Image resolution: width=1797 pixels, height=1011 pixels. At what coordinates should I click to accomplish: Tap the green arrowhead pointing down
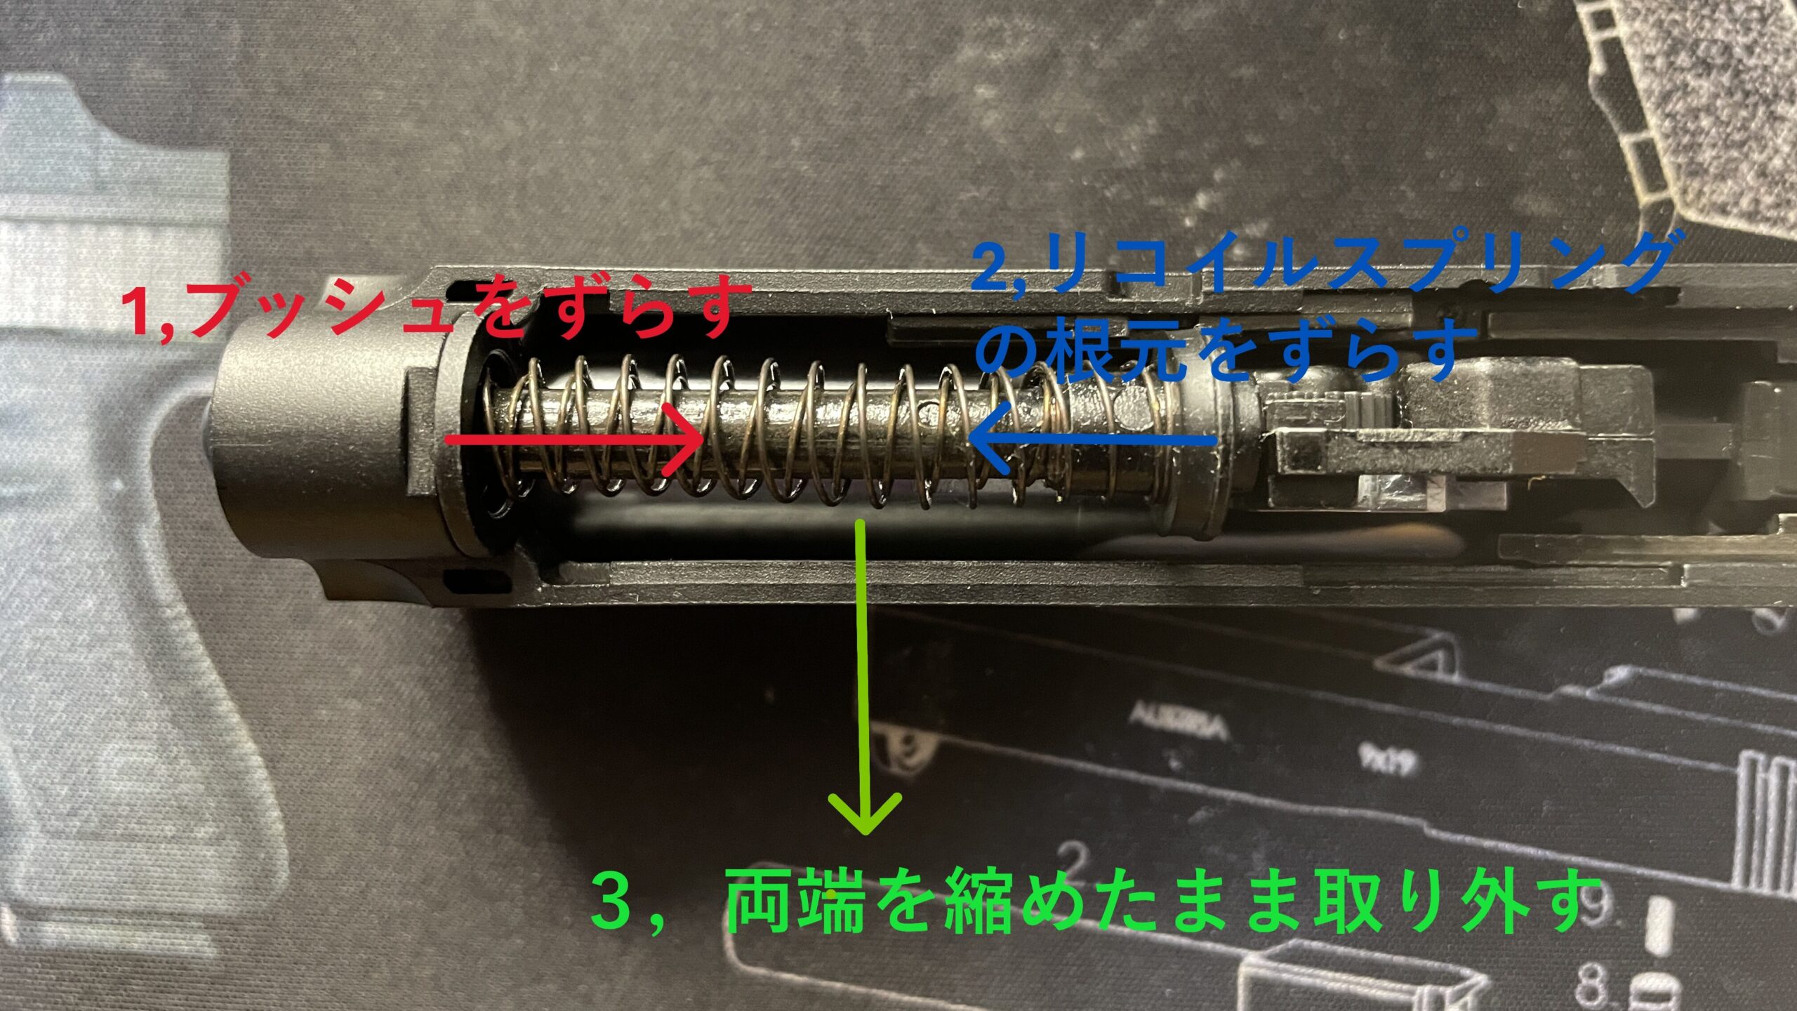[865, 818]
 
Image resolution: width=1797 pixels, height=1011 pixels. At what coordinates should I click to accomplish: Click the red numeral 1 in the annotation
[144, 312]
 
